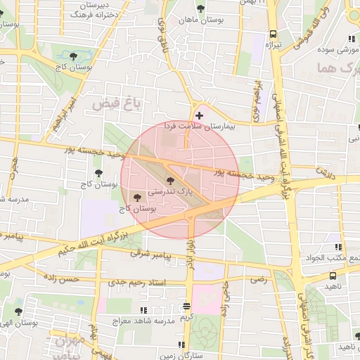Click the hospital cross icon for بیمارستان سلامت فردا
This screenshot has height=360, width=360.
(x=200, y=115)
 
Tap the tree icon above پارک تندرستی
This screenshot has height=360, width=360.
(x=171, y=182)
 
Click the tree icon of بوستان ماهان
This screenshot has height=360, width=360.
(x=202, y=8)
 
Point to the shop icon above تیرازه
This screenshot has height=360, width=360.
(x=273, y=34)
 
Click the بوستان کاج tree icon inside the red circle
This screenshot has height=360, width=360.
(x=136, y=198)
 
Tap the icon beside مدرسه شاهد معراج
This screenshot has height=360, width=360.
(x=144, y=309)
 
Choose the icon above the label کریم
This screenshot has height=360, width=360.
(x=186, y=306)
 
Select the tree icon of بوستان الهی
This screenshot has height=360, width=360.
(x=18, y=311)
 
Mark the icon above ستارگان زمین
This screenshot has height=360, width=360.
(x=181, y=345)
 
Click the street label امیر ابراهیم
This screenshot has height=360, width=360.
(x=68, y=107)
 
